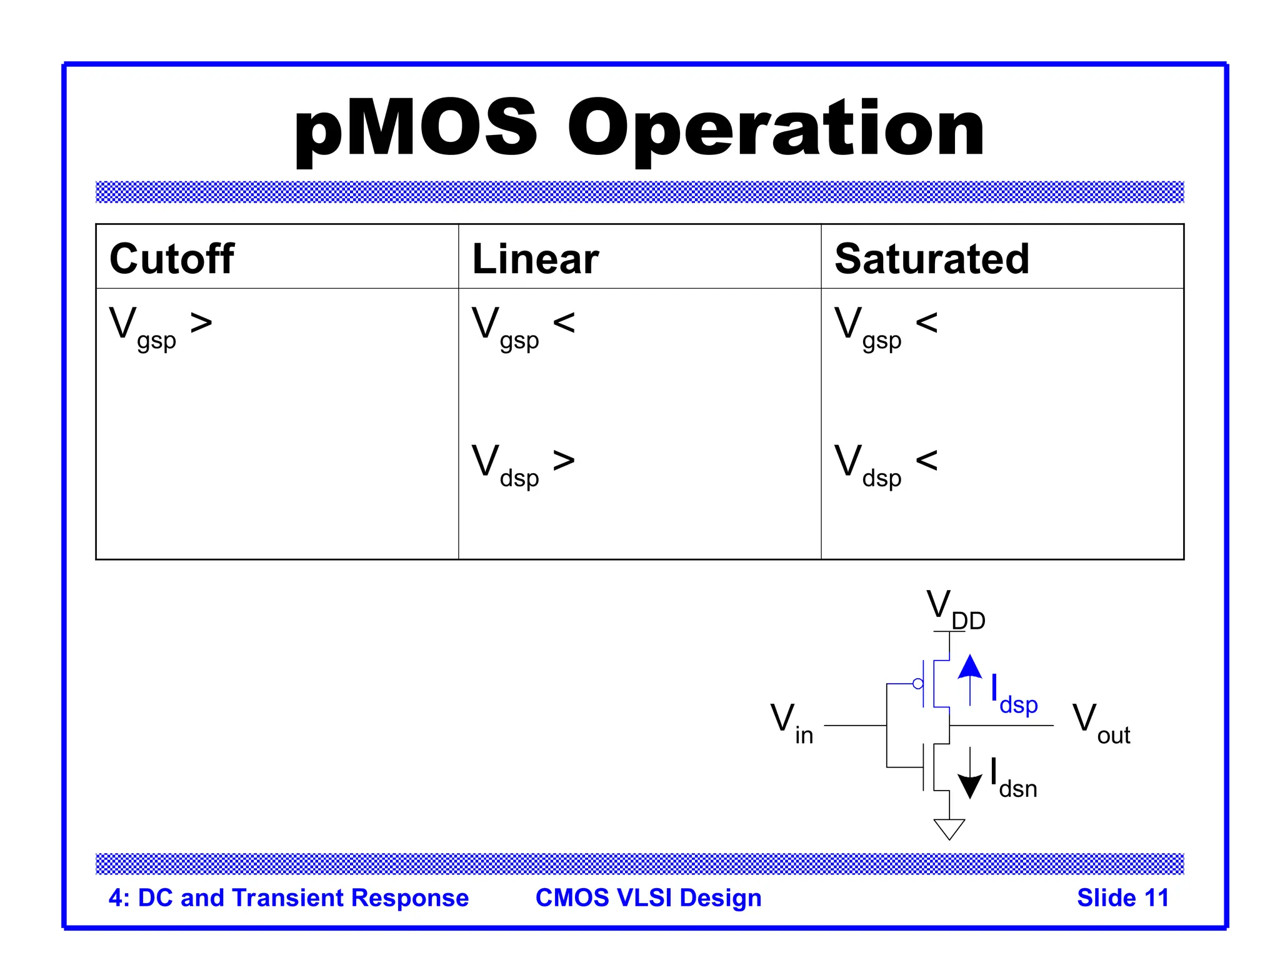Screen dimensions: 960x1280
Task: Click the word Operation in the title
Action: (775, 129)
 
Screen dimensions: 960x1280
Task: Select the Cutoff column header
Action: (172, 259)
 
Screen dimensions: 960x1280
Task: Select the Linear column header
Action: (535, 259)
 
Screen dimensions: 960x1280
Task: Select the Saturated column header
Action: (931, 259)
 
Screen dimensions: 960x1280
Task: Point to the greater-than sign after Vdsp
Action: (564, 461)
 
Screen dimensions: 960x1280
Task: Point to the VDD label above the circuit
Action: (955, 609)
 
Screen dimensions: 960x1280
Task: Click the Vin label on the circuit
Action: (791, 723)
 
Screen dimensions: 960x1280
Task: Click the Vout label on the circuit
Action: (1101, 723)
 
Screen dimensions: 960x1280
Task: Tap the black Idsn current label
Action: (1014, 778)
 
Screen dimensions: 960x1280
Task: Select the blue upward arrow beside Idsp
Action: (970, 678)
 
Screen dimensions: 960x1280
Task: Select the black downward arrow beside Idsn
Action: (970, 775)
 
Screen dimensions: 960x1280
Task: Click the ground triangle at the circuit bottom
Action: (949, 829)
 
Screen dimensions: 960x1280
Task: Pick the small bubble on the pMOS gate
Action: (917, 684)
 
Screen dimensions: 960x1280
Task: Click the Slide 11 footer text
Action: (1122, 897)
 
